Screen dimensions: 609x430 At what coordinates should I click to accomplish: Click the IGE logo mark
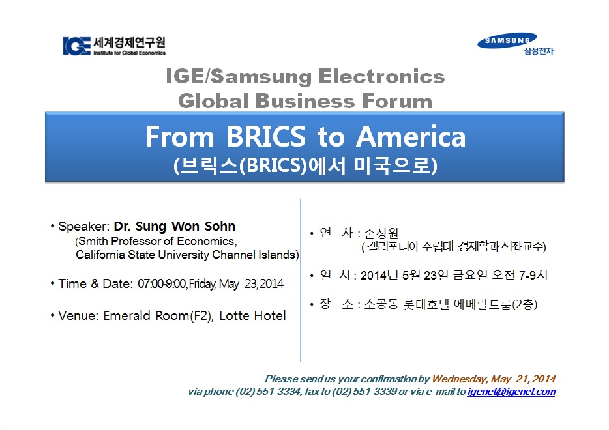click(x=76, y=46)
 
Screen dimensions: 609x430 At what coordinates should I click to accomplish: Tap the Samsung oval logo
click(x=507, y=40)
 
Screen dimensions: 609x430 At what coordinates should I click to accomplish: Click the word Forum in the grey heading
click(x=397, y=101)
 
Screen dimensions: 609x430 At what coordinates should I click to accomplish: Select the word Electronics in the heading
click(x=381, y=76)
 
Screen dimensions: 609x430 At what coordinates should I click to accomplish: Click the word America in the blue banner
click(x=411, y=137)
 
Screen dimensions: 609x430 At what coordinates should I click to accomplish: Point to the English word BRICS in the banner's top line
click(x=266, y=137)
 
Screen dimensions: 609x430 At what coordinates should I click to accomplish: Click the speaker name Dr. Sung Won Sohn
click(x=174, y=226)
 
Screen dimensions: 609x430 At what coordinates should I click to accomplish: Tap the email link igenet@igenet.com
click(x=511, y=392)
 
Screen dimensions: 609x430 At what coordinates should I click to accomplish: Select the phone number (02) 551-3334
click(x=268, y=392)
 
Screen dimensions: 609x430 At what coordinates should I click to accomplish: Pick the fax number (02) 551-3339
click(x=364, y=392)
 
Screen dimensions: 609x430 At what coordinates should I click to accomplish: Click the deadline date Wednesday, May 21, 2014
click(x=494, y=379)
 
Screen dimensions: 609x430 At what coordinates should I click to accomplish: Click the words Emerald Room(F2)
click(x=158, y=315)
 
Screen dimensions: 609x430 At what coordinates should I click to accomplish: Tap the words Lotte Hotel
click(x=252, y=315)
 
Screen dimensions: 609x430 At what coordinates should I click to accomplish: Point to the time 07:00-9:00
click(x=162, y=283)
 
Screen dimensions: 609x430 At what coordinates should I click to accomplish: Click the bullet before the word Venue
click(x=52, y=315)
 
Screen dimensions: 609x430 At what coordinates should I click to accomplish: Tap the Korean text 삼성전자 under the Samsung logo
click(x=539, y=51)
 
